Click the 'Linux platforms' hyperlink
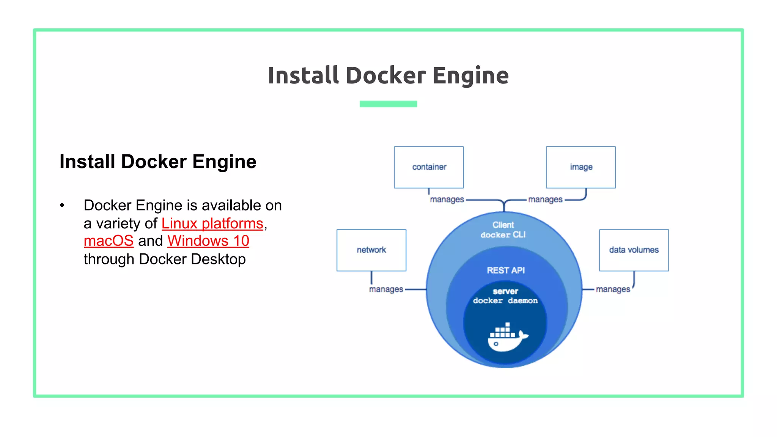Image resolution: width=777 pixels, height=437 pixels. (x=212, y=223)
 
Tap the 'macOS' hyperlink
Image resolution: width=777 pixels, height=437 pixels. (x=109, y=241)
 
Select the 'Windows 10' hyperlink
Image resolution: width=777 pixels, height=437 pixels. (x=208, y=241)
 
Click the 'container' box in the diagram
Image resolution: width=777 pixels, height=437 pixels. (x=429, y=167)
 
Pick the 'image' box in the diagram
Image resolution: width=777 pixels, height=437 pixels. (x=580, y=167)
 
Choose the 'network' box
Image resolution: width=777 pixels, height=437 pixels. (x=371, y=250)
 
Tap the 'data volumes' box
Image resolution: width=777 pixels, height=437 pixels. (x=634, y=250)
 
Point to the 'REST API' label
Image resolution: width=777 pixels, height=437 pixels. (x=505, y=270)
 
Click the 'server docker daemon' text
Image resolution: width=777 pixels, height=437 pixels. (x=505, y=296)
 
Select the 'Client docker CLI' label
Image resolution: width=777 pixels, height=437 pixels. (x=503, y=230)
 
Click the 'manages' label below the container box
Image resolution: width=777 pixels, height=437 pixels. (x=447, y=200)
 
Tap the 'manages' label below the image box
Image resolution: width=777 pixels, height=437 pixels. (x=545, y=200)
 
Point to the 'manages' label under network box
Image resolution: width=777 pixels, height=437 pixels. (x=386, y=289)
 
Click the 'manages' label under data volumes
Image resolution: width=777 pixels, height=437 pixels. (x=613, y=289)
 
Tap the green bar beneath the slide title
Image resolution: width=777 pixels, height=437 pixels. (x=388, y=104)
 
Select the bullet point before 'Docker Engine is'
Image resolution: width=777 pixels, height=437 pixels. (x=62, y=206)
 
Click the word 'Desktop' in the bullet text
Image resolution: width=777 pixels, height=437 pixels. (x=218, y=259)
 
